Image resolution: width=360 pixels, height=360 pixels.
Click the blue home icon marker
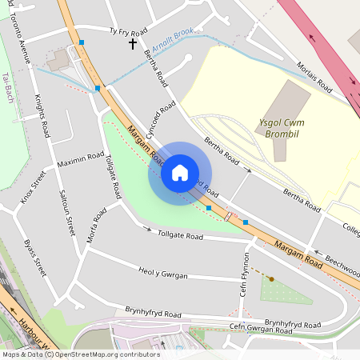point(180,173)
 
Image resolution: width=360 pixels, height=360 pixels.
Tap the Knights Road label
point(42,115)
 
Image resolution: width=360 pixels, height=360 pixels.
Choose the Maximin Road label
point(81,160)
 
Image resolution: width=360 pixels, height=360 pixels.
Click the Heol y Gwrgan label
point(162,274)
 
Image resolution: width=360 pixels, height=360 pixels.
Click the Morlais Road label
point(313,74)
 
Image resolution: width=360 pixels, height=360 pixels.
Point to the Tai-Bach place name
point(7,83)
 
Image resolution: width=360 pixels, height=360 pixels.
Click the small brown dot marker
point(271,279)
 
